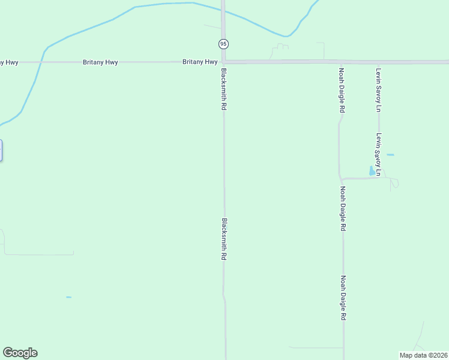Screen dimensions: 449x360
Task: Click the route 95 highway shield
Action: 223,44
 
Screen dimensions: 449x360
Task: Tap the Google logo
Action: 20,353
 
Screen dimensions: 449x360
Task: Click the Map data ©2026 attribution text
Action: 424,355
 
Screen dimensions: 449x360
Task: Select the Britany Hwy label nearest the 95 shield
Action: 200,62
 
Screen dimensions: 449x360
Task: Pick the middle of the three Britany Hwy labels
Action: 100,62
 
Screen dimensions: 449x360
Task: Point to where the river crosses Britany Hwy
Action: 41,62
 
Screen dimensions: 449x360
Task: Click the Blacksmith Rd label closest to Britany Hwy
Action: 223,89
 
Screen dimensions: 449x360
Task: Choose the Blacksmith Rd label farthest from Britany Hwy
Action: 224,239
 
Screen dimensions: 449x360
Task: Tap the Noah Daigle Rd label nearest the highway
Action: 341,90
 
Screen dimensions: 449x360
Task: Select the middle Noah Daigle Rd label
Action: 343,209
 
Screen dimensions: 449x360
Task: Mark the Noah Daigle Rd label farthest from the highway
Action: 344,298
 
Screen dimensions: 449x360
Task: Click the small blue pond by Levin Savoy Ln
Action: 372,171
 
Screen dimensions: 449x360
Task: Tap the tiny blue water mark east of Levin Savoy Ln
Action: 390,155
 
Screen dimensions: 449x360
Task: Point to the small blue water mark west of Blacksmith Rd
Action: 68,297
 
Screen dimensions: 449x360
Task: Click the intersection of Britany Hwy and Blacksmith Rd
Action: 223,62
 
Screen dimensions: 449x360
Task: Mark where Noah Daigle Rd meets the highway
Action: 341,62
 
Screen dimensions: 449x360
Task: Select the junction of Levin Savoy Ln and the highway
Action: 379,62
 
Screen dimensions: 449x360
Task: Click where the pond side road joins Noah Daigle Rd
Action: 341,179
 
